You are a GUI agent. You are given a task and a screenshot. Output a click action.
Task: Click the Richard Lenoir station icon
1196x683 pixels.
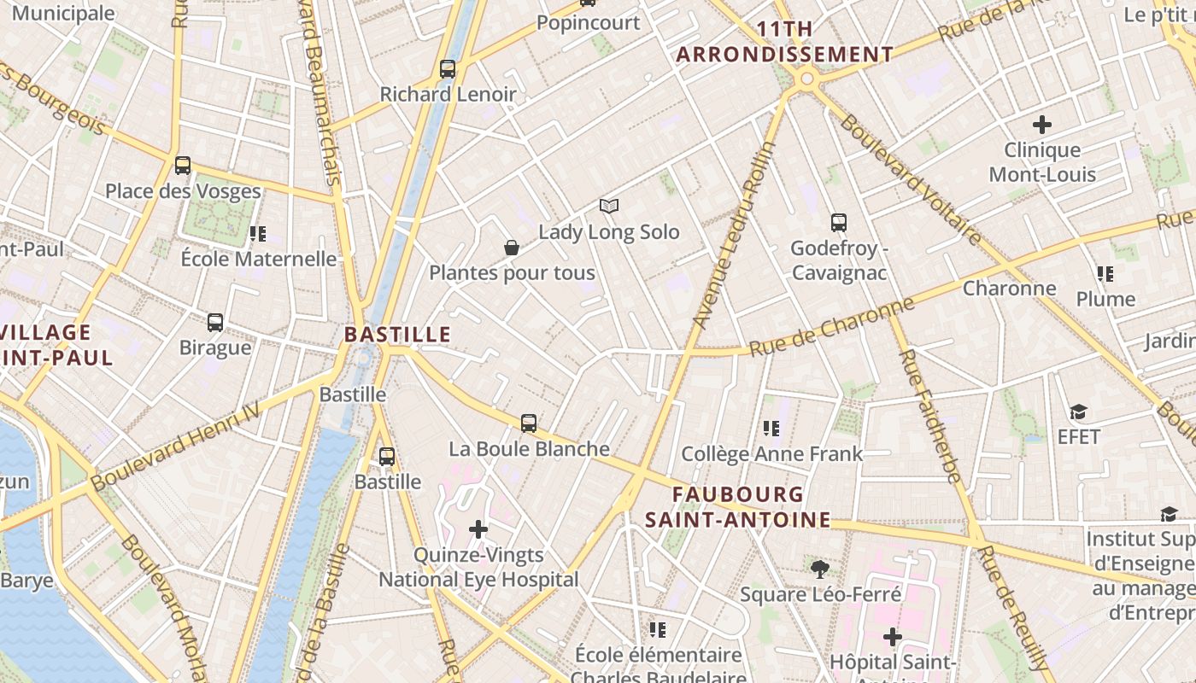point(448,69)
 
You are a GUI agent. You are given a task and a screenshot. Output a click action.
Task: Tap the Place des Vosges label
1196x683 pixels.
point(183,191)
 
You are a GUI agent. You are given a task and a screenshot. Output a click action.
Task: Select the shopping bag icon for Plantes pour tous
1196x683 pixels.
point(512,248)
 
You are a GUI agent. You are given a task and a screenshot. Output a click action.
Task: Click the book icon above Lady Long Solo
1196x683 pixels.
point(608,206)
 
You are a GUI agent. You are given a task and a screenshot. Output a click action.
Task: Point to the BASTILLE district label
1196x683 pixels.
point(397,335)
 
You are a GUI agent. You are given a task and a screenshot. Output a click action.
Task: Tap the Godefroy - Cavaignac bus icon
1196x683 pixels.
point(839,223)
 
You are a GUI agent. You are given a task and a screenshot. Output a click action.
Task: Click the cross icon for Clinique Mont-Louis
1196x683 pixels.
point(1042,125)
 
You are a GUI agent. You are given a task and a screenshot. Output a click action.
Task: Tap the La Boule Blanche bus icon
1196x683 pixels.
point(529,423)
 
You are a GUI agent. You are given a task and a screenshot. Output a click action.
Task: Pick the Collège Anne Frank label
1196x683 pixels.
point(772,454)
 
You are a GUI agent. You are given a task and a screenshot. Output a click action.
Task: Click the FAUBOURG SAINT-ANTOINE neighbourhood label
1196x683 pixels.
point(737,507)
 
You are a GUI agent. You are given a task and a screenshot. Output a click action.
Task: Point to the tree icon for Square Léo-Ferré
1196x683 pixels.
point(820,568)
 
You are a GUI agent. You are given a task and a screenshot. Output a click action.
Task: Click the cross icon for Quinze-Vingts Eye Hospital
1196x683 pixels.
point(478,529)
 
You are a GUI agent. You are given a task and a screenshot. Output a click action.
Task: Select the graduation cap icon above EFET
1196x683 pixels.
point(1078,412)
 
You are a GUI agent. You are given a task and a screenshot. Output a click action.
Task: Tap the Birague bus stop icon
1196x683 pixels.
point(215,323)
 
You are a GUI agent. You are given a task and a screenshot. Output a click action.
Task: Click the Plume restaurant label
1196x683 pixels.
point(1105,299)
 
